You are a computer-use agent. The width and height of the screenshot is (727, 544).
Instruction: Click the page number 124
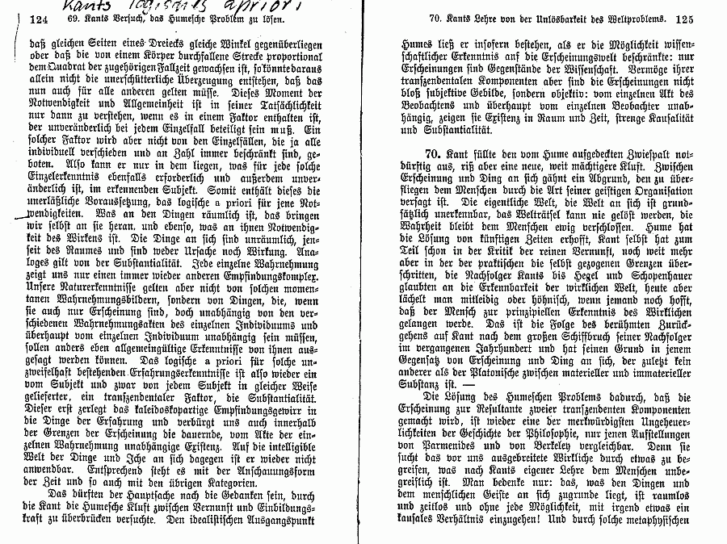38,19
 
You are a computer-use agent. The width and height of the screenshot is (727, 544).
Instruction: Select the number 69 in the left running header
75,19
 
